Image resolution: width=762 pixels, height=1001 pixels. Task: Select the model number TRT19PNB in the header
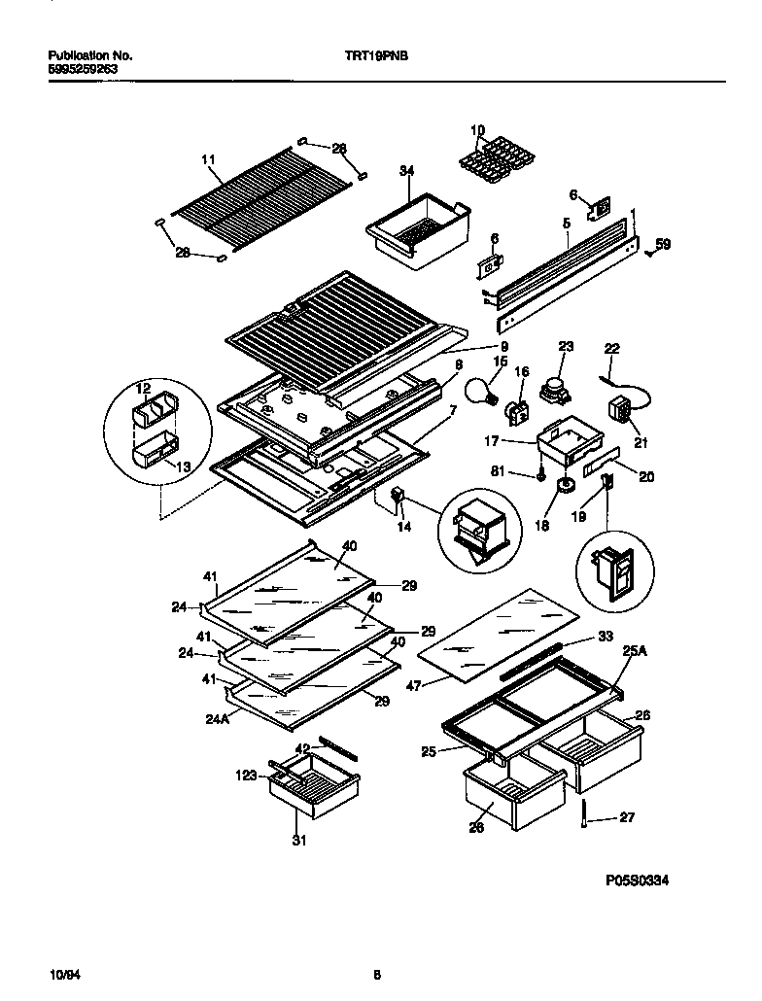[377, 57]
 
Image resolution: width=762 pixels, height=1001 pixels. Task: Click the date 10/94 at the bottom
[61, 973]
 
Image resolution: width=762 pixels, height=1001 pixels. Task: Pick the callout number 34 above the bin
[406, 171]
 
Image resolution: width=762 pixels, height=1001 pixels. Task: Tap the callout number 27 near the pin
[627, 817]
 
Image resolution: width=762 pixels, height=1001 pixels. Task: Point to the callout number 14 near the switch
[403, 527]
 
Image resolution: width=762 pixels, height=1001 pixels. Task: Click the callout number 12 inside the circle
[143, 390]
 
